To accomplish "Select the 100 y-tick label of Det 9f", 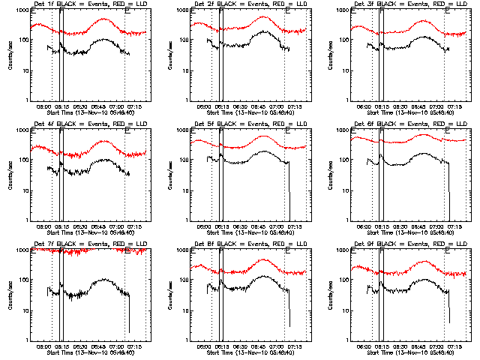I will pos(344,281).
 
